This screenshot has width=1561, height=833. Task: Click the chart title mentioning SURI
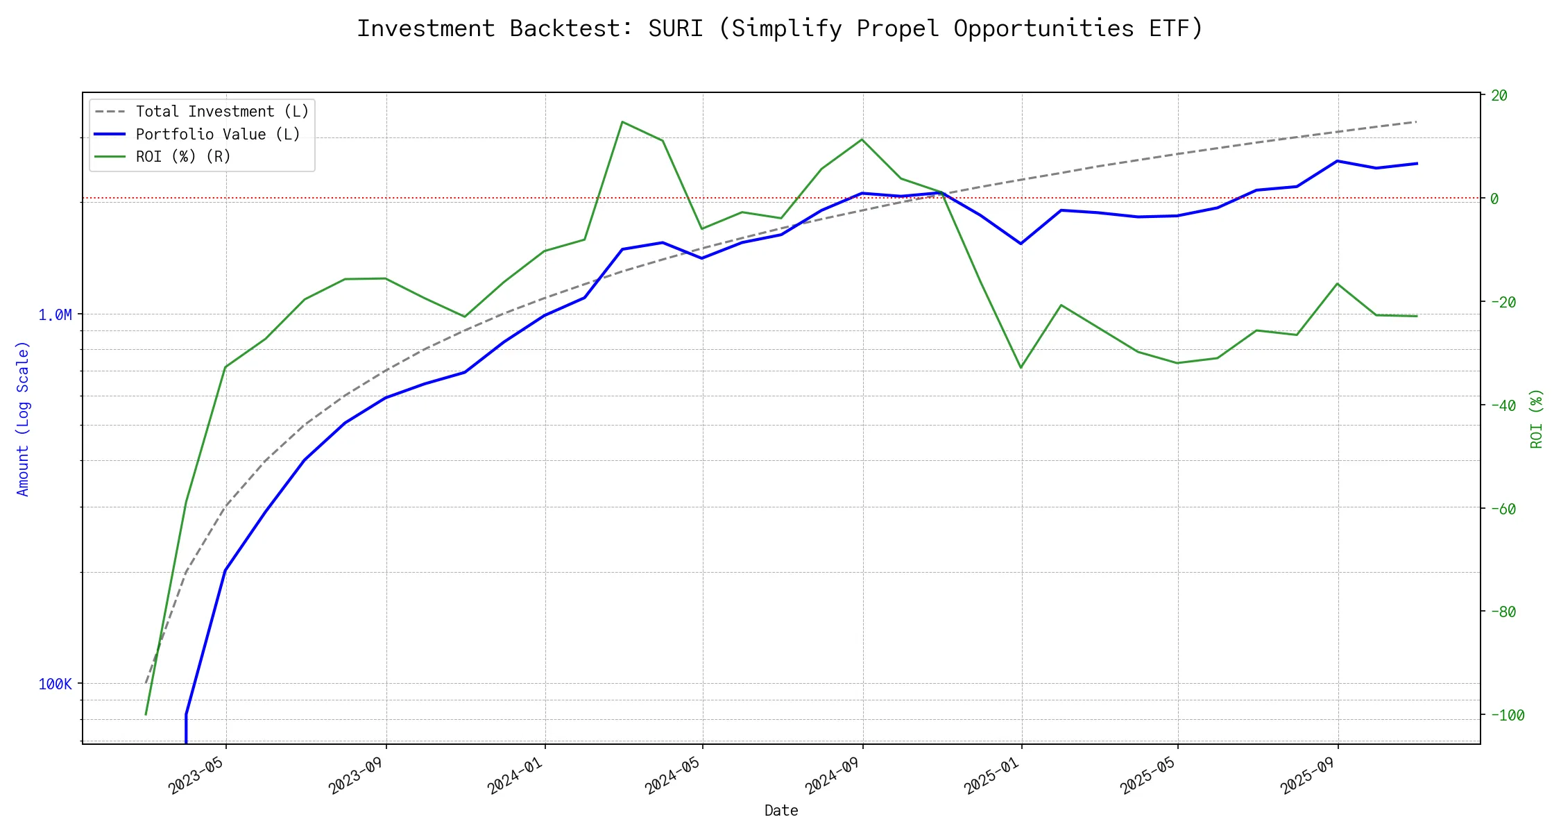(x=780, y=28)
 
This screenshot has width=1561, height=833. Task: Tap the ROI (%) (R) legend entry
(x=183, y=157)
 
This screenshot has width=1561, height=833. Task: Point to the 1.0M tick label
(x=55, y=315)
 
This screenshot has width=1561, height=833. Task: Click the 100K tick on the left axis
(x=55, y=684)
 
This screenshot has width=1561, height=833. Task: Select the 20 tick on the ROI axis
(x=1499, y=96)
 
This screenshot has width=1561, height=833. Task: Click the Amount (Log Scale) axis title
(x=23, y=419)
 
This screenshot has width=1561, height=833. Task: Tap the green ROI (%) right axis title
(x=1536, y=419)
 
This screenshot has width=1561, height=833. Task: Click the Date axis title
(x=781, y=811)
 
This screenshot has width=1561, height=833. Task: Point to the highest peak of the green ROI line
(x=622, y=122)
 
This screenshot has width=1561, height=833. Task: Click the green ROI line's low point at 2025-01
(x=1021, y=368)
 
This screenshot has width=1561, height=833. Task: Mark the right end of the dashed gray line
(x=1417, y=121)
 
